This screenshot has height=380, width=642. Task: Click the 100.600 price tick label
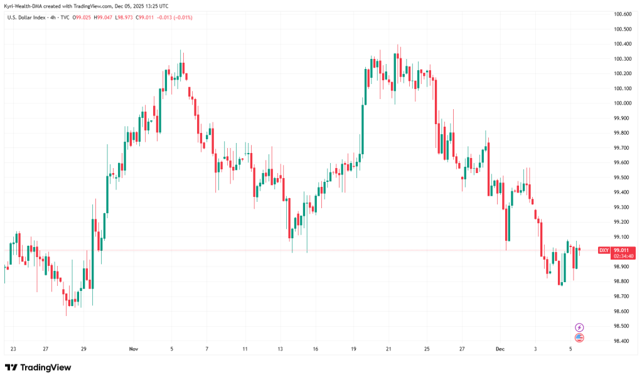[x=622, y=14]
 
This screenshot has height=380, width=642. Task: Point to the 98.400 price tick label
[x=622, y=341]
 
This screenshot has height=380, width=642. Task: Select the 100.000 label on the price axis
[x=622, y=103]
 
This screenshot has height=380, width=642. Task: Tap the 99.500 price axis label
[x=622, y=177]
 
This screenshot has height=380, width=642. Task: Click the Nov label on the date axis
[x=132, y=349]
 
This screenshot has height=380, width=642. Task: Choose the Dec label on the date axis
[x=500, y=349]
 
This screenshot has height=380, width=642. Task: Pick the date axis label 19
[x=354, y=349]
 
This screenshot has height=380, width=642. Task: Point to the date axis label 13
[x=280, y=349]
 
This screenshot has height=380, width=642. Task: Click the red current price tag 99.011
[x=621, y=250]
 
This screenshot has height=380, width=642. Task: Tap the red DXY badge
[x=604, y=250]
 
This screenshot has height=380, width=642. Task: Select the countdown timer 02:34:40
[x=621, y=256]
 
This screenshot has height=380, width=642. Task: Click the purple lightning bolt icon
[x=579, y=327]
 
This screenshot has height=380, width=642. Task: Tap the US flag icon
[x=579, y=338]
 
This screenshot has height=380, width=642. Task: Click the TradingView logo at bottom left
[x=38, y=367]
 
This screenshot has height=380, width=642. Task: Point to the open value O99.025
[x=84, y=18]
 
